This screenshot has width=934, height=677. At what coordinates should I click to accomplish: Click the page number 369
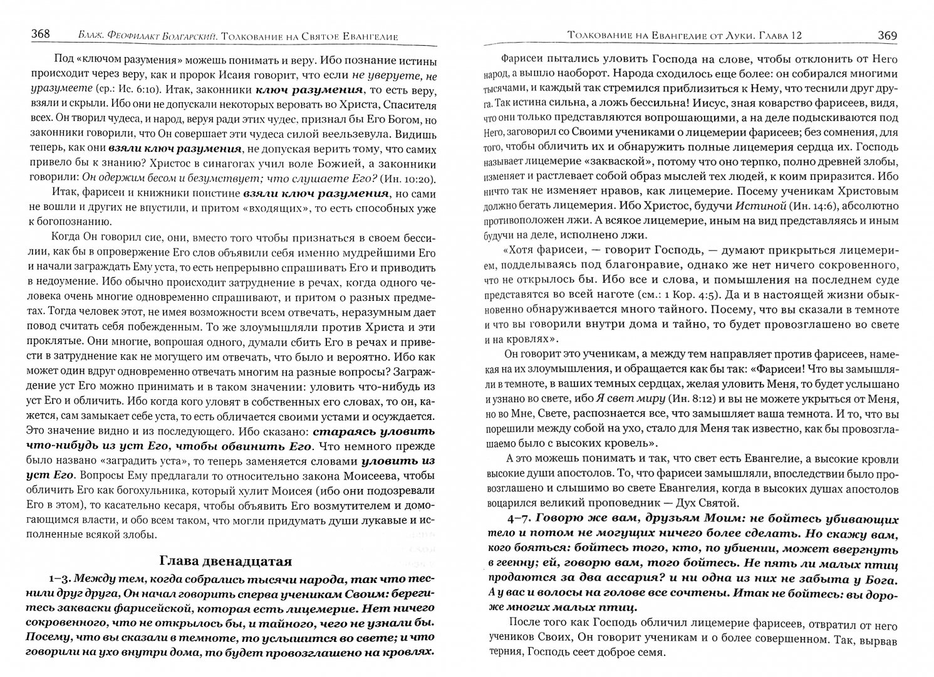pyautogui.click(x=887, y=35)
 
